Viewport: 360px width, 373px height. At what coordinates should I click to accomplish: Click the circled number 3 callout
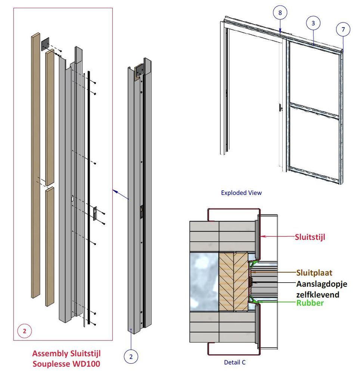tap(313, 23)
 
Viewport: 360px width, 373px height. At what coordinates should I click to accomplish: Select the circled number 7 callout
tap(343, 29)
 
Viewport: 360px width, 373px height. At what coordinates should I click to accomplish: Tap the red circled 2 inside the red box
tap(25, 330)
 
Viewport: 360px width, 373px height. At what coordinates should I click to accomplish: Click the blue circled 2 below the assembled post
tap(131, 357)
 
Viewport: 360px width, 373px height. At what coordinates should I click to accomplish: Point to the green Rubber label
tap(310, 303)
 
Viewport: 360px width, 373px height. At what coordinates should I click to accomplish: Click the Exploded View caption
tap(241, 193)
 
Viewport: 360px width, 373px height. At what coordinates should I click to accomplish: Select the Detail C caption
tap(235, 362)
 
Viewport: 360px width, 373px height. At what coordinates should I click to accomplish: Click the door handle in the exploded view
tap(280, 108)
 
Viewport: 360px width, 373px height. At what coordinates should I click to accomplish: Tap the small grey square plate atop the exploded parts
tap(45, 44)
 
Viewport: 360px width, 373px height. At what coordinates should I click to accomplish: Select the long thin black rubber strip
tap(89, 194)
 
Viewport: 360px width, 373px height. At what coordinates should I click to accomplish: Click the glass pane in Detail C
tap(204, 282)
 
